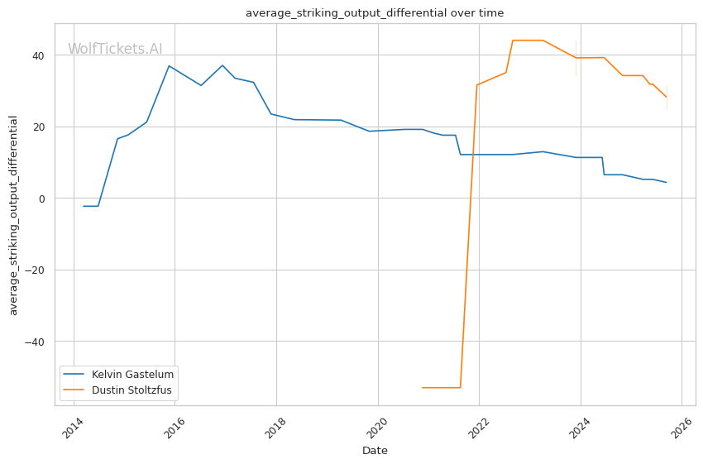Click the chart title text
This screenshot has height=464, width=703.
click(x=375, y=13)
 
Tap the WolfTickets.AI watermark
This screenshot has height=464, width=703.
click(x=115, y=50)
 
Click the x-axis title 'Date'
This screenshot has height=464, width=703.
click(x=375, y=451)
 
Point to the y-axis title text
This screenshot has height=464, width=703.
click(x=13, y=214)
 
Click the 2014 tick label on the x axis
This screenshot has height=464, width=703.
click(x=72, y=424)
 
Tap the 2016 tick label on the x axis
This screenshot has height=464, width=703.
click(x=174, y=424)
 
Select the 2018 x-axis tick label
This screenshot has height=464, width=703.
click(x=275, y=424)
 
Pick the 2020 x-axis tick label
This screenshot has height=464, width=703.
click(x=376, y=424)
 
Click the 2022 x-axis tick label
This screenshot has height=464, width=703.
click(x=478, y=424)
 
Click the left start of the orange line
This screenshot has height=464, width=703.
click(x=423, y=387)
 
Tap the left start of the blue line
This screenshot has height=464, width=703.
click(x=84, y=206)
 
